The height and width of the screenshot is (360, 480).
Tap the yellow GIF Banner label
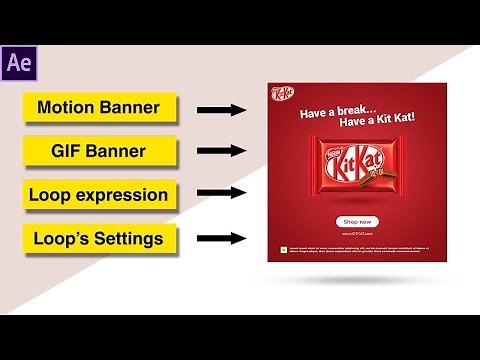[x=99, y=152]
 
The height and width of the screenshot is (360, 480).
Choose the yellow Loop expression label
[x=99, y=195]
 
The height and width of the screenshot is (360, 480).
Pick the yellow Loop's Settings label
[x=99, y=239]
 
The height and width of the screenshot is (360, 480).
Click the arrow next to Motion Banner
[x=221, y=108]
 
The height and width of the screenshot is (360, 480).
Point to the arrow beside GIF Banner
[x=221, y=152]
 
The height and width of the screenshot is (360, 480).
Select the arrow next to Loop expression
[x=221, y=195]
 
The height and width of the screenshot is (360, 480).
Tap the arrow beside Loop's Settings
[x=221, y=239]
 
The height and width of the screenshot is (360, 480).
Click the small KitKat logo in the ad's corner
[x=281, y=94]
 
